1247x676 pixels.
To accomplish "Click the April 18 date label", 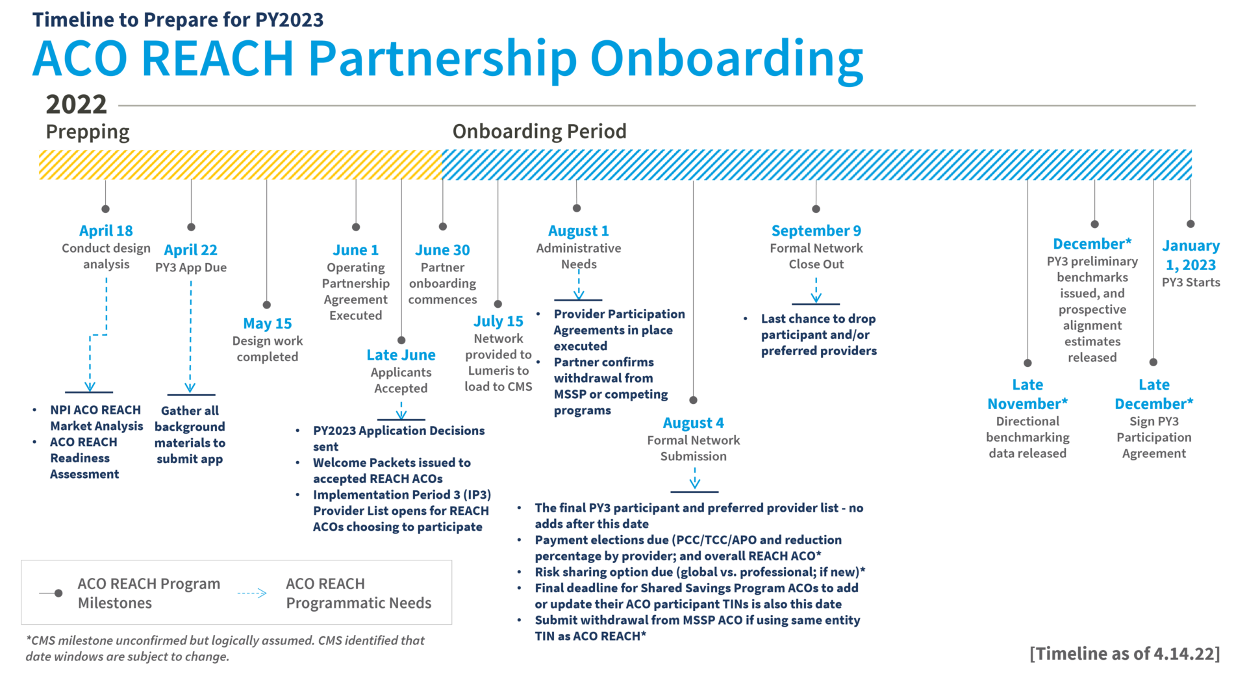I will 106,231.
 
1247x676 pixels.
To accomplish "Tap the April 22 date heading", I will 190,250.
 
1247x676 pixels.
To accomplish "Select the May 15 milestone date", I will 268,323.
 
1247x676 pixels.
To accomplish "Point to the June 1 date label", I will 355,250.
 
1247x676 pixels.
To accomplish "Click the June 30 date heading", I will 442,250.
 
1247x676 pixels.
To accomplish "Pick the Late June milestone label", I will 401,355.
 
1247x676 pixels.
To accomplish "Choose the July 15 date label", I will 498,321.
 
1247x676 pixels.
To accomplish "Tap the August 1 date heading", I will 578,231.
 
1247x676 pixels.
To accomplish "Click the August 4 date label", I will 693,423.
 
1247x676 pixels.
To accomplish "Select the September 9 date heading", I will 816,231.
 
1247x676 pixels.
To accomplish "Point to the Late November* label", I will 1027,394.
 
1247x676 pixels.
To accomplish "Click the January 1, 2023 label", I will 1190,255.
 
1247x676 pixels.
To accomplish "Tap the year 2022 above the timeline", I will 76,105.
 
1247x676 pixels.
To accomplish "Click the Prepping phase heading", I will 88,132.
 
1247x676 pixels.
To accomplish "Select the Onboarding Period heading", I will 539,132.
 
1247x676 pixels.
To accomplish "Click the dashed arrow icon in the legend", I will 252,593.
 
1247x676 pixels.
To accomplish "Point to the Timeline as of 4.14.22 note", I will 1124,653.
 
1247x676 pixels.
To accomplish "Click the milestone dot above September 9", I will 816,208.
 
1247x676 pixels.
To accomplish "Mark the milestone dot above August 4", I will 693,400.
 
